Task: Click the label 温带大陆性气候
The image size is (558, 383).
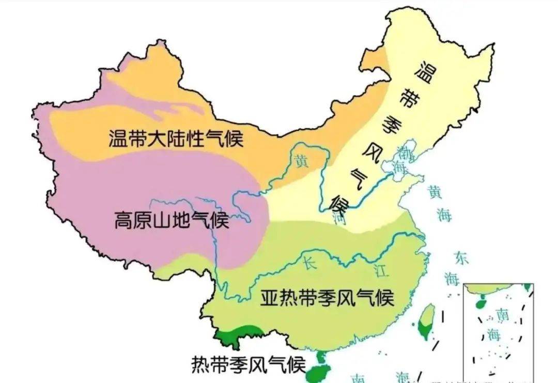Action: pyautogui.click(x=176, y=139)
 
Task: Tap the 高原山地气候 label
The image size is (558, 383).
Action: pyautogui.click(x=171, y=221)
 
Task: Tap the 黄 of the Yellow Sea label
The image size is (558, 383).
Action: pyautogui.click(x=435, y=192)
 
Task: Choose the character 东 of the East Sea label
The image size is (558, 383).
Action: pyautogui.click(x=461, y=258)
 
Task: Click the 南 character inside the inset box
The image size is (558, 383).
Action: pyautogui.click(x=502, y=314)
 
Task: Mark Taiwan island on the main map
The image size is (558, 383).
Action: pyautogui.click(x=427, y=320)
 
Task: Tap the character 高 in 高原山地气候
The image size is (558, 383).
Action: pyautogui.click(x=123, y=221)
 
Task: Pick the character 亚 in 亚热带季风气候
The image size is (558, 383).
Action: pyautogui.click(x=269, y=298)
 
